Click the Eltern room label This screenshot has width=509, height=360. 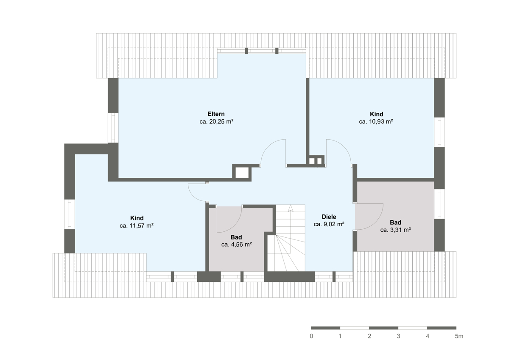point(216,114)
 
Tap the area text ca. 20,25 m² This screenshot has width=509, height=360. point(216,122)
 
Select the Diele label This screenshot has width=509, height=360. point(329,217)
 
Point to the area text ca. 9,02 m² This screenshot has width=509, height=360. point(329,224)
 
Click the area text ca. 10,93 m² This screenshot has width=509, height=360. point(376,122)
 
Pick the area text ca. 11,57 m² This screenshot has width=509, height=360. point(137,226)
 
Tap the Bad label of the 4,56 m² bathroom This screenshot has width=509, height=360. point(236,237)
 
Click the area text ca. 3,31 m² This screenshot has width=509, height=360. point(395,230)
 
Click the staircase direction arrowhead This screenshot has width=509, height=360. point(291,208)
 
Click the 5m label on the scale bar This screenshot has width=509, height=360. point(459,336)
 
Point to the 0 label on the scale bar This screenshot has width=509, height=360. point(311,336)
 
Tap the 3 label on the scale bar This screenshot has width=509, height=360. point(399,336)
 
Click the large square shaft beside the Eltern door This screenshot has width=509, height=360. point(242,173)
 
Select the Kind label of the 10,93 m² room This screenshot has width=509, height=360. point(377,114)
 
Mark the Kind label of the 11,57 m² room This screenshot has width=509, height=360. point(137,218)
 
